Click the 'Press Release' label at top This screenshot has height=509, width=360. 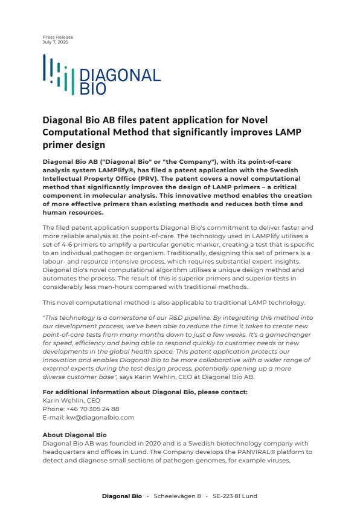57,37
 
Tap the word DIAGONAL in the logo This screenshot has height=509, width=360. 120,76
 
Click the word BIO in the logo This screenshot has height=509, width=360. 92,89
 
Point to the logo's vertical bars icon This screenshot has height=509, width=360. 58,75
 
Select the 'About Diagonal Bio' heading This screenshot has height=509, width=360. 74,435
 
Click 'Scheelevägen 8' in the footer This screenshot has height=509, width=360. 178,496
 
